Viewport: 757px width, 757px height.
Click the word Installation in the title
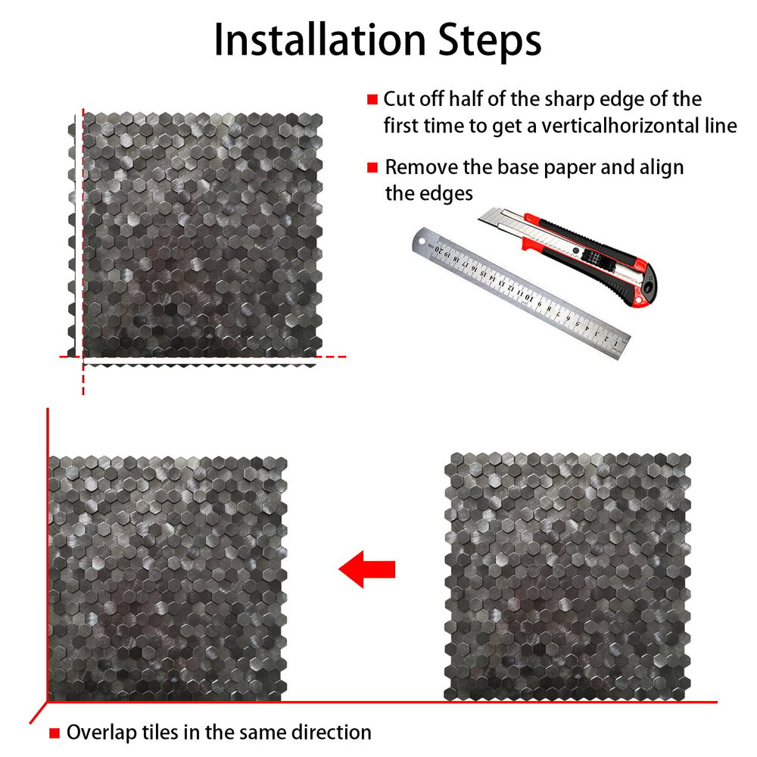[319, 40]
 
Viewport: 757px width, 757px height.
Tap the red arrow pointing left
[367, 569]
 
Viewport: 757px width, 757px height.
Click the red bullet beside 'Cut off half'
[372, 99]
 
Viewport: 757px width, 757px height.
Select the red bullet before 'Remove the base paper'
[372, 167]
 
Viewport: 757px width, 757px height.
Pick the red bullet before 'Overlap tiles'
[55, 734]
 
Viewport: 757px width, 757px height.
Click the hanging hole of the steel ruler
[422, 240]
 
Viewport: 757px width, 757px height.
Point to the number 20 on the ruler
[439, 250]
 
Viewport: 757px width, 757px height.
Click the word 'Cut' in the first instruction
[399, 99]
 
